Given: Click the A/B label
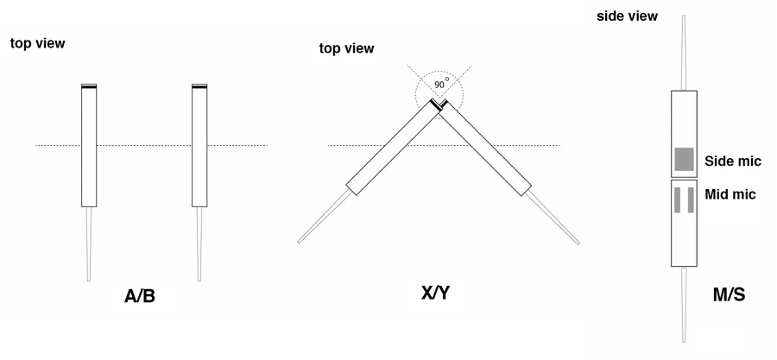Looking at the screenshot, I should [x=139, y=298].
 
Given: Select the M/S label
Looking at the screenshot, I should [x=726, y=294].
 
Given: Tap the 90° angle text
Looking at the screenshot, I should [x=440, y=85].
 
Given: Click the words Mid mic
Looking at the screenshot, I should [x=731, y=194].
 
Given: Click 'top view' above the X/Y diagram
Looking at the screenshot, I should [x=347, y=48].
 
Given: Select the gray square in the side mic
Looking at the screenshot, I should [x=684, y=159].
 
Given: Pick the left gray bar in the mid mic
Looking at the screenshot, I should [x=677, y=199].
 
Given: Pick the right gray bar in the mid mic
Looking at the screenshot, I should [x=692, y=199].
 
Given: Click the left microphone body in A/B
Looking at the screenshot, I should [x=89, y=147].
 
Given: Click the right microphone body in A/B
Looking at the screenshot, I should [x=199, y=147].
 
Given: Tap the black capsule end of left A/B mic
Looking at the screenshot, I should [x=89, y=87].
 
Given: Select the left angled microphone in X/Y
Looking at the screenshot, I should [x=389, y=147].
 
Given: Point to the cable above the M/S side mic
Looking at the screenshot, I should [x=685, y=52].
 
